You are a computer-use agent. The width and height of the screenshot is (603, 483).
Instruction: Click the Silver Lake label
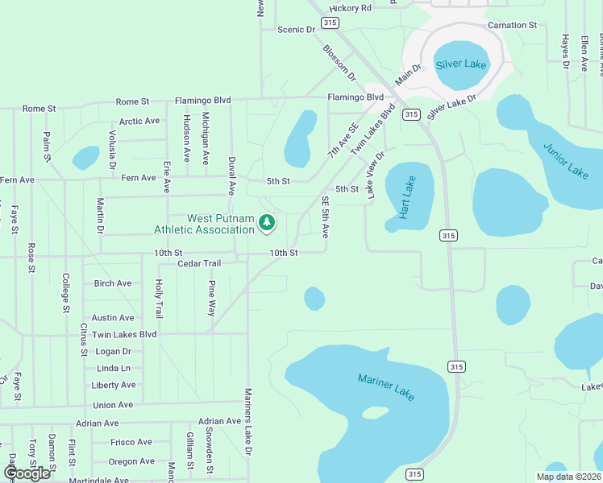click(460, 64)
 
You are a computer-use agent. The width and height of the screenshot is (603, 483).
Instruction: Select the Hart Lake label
click(409, 198)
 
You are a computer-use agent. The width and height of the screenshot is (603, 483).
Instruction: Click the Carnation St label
click(512, 26)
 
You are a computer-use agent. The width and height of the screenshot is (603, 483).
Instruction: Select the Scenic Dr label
click(296, 30)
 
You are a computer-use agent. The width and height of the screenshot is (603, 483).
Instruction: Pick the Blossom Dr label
click(339, 63)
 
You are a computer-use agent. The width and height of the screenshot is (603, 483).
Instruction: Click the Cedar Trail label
click(198, 263)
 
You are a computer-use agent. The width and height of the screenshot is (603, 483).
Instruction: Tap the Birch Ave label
click(113, 283)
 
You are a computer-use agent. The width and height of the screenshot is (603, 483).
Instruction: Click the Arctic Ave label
click(139, 122)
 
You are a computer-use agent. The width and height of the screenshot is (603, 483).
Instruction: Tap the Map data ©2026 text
click(568, 477)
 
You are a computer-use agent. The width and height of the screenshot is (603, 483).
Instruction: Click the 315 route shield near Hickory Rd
click(328, 23)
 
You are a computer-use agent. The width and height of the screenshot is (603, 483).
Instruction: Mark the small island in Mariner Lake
click(375, 413)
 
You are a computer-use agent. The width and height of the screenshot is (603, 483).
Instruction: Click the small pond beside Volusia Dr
click(85, 157)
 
